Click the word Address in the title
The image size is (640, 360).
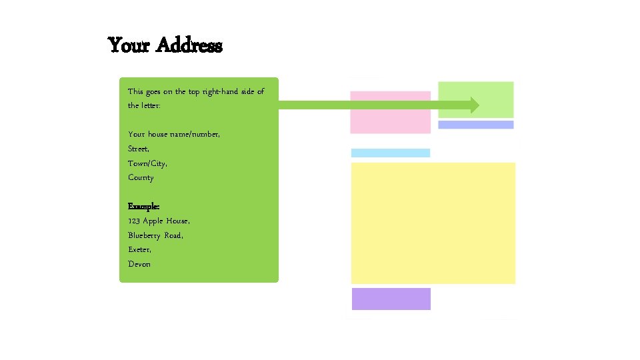tap(189, 45)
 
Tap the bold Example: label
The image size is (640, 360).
tap(143, 206)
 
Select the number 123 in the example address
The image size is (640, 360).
tap(133, 221)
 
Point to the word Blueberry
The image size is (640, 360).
tap(145, 235)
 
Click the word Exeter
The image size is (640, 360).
tap(139, 249)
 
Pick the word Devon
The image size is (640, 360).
tap(139, 264)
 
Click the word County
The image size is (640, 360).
tap(141, 177)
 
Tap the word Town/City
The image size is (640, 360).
tap(147, 163)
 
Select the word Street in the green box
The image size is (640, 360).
tap(139, 149)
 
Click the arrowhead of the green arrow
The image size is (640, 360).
tap(473, 105)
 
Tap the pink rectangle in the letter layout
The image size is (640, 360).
tap(391, 112)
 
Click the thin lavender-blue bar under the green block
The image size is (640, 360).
tap(476, 125)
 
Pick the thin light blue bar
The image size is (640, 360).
tap(391, 153)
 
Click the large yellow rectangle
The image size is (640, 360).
tap(433, 223)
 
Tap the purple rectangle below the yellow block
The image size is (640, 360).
tap(391, 299)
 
